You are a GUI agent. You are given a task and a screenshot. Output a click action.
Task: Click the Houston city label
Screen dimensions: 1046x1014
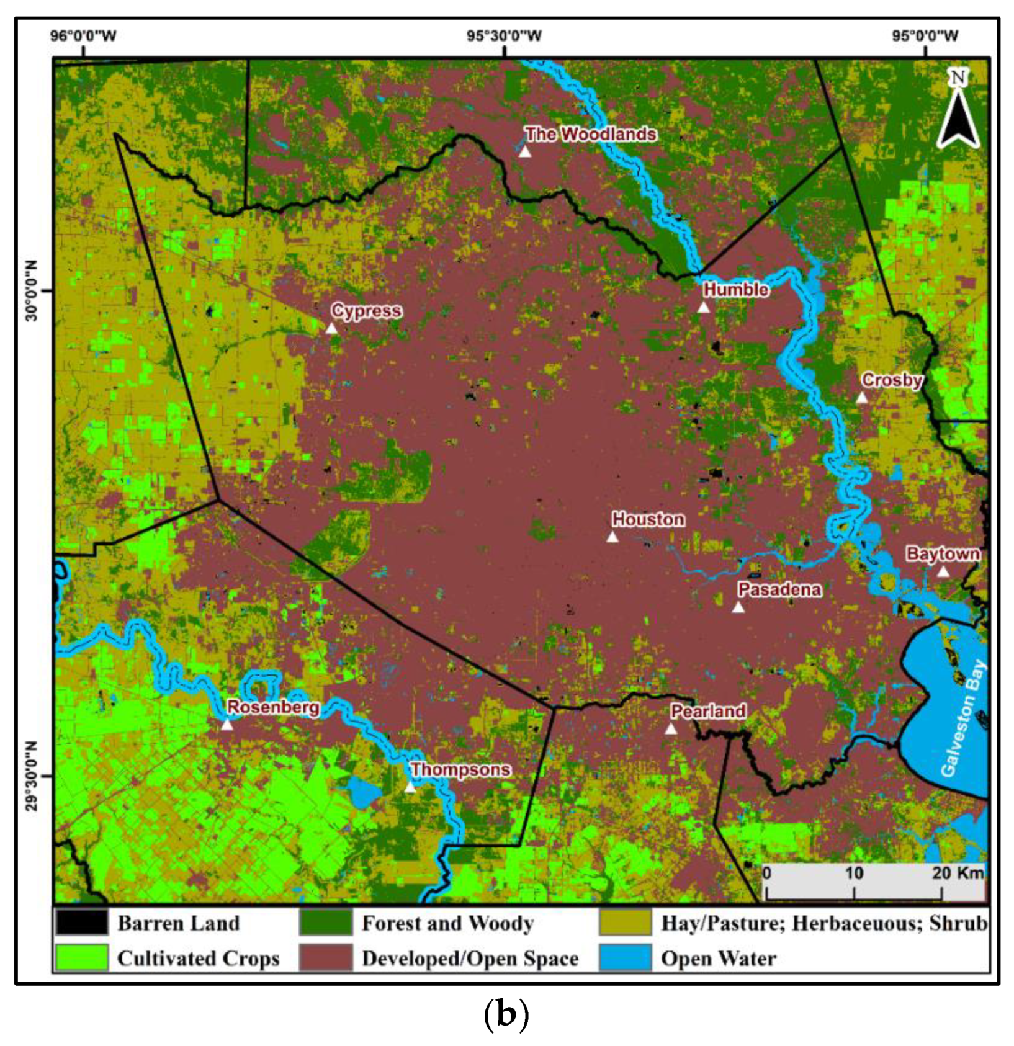648,519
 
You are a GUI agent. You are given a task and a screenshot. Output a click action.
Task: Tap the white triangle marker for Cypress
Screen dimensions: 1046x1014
331,328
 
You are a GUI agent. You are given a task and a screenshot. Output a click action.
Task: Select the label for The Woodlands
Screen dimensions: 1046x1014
590,134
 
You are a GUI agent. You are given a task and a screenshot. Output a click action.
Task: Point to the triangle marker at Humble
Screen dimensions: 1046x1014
703,307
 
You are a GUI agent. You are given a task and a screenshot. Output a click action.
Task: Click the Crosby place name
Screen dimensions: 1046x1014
892,380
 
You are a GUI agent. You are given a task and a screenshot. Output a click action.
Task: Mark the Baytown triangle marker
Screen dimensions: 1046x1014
943,571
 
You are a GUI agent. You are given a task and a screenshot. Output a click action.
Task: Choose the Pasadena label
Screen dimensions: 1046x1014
779,589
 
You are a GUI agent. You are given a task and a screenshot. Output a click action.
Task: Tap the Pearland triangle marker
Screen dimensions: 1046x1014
671,729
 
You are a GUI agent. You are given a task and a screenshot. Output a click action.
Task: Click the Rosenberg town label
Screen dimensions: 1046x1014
273,707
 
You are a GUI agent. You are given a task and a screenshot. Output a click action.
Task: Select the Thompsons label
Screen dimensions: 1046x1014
460,769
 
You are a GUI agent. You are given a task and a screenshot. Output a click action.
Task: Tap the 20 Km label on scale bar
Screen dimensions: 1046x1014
958,874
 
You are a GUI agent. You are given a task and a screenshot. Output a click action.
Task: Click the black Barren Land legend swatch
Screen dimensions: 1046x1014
81,923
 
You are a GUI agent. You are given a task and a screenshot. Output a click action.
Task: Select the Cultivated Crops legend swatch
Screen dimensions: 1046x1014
81,958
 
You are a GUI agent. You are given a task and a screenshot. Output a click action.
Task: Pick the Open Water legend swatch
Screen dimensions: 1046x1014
625,958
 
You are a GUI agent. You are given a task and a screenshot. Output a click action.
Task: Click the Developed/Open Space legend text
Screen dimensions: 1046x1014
470,959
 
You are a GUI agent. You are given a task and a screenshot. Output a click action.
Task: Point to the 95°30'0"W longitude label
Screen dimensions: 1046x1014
504,36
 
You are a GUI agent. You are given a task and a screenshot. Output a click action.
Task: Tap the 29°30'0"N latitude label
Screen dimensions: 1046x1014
30,776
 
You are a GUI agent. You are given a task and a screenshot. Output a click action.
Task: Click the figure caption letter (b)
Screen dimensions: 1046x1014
506,1014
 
